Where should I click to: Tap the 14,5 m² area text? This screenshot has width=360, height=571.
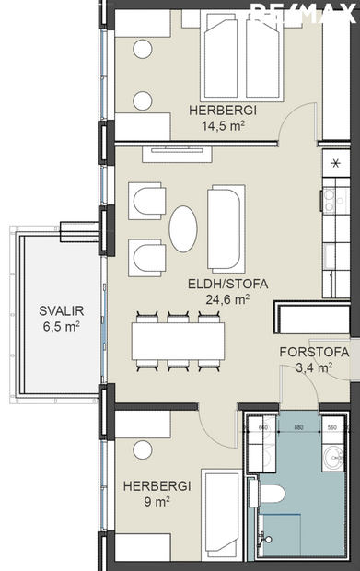point(222,127)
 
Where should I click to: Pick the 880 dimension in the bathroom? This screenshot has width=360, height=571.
point(297,427)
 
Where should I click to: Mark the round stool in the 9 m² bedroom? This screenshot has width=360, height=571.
point(142,449)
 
